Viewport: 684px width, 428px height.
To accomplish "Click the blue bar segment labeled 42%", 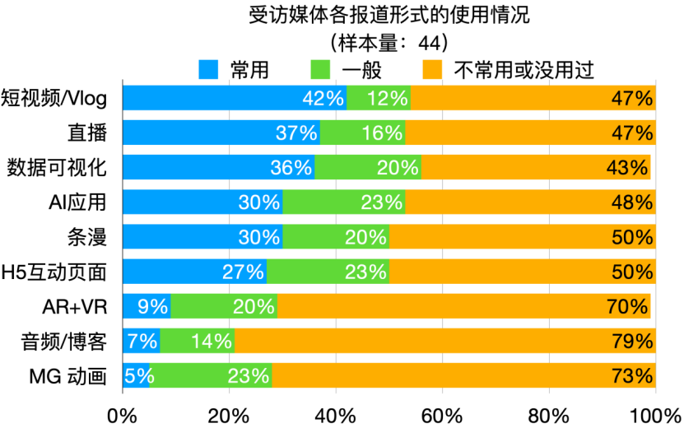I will pyautogui.click(x=235, y=98).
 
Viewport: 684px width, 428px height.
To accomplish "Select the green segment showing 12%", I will pyautogui.click(x=379, y=98).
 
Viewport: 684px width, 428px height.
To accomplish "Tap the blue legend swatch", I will pyautogui.click(x=208, y=70).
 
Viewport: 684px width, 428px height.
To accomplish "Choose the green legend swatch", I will pyautogui.click(x=320, y=70).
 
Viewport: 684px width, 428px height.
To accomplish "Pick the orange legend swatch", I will pyautogui.click(x=432, y=70).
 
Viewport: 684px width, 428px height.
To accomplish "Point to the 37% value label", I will pyautogui.click(x=296, y=133).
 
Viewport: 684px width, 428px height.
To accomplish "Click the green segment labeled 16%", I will pyautogui.click(x=363, y=133).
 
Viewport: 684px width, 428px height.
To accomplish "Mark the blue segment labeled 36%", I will pyautogui.click(x=218, y=167).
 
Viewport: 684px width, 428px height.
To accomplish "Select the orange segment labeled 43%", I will pyautogui.click(x=536, y=167).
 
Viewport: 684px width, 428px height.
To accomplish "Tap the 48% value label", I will pyautogui.click(x=632, y=202).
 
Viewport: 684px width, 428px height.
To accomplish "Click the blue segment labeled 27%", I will pyautogui.click(x=194, y=272).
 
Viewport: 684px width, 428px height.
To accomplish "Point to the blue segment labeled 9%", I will pyautogui.click(x=147, y=306).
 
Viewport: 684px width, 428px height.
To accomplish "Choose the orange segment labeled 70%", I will pyautogui.click(x=464, y=306).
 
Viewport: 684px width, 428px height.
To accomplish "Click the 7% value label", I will pyautogui.click(x=142, y=342).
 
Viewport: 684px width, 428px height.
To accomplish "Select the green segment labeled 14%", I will pyautogui.click(x=198, y=341).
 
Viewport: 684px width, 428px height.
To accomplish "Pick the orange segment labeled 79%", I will pyautogui.click(x=445, y=341).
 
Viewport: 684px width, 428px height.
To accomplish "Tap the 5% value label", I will pyautogui.click(x=139, y=376).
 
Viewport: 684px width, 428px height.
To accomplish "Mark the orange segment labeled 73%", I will pyautogui.click(x=463, y=375).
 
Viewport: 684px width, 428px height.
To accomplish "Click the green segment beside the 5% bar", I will pyautogui.click(x=211, y=375).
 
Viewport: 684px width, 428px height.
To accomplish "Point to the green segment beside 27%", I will pyautogui.click(x=328, y=272).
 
